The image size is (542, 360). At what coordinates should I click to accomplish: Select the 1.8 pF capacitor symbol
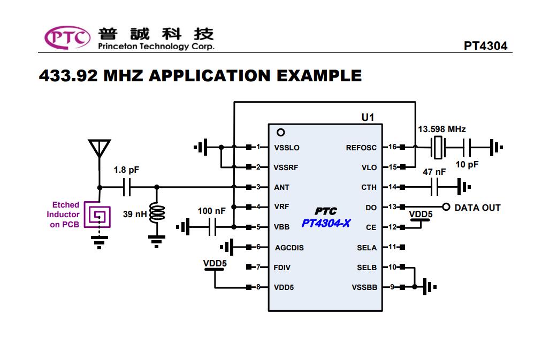pyautogui.click(x=127, y=187)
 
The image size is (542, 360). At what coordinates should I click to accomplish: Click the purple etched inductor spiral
pyautogui.click(x=97, y=215)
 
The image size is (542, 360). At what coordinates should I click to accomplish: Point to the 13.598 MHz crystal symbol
pyautogui.click(x=438, y=148)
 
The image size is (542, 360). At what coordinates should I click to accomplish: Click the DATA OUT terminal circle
pyautogui.click(x=446, y=207)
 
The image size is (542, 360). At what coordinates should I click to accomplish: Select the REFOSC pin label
pyautogui.click(x=361, y=148)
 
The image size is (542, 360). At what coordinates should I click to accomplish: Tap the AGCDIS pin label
pyautogui.click(x=289, y=248)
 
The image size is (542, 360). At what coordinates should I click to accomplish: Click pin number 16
pyautogui.click(x=392, y=147)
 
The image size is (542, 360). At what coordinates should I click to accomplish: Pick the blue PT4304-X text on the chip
pyautogui.click(x=326, y=223)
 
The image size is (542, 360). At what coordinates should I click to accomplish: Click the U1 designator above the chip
pyautogui.click(x=368, y=118)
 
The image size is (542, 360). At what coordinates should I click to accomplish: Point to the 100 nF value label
pyautogui.click(x=211, y=211)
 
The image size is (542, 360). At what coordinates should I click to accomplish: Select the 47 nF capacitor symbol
pyautogui.click(x=434, y=187)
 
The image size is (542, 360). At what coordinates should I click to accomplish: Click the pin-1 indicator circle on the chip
pyautogui.click(x=281, y=132)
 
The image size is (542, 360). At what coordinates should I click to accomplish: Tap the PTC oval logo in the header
pyautogui.click(x=67, y=37)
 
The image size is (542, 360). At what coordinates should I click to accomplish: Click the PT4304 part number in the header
pyautogui.click(x=485, y=45)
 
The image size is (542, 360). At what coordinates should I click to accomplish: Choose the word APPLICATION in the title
pyautogui.click(x=210, y=75)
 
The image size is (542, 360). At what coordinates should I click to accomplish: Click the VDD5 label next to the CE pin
pyautogui.click(x=421, y=214)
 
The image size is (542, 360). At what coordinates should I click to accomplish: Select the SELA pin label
pyautogui.click(x=367, y=248)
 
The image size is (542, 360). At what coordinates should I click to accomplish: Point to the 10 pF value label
pyautogui.click(x=467, y=164)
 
